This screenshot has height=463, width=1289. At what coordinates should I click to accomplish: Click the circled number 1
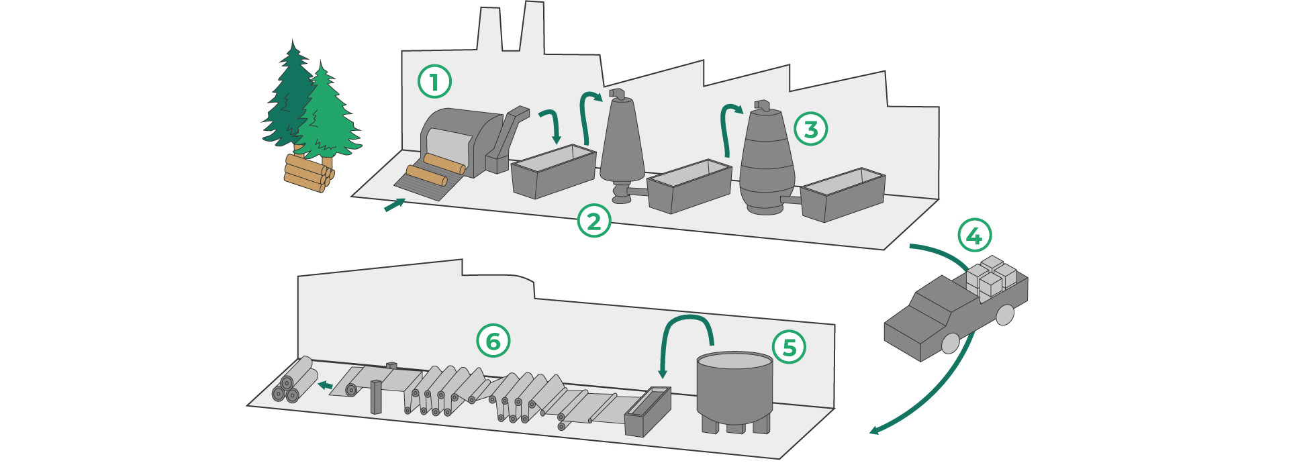(434, 82)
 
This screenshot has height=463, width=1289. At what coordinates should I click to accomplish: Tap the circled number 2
(594, 221)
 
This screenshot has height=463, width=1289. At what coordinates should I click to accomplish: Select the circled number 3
(810, 129)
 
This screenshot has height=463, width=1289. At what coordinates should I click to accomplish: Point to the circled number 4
(974, 235)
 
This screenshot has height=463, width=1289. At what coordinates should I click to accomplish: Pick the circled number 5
(790, 347)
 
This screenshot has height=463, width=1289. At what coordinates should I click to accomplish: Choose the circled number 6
(493, 341)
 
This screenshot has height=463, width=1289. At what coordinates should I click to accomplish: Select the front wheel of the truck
(951, 343)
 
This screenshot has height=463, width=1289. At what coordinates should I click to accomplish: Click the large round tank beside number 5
(734, 389)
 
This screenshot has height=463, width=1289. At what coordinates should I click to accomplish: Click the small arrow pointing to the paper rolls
(325, 385)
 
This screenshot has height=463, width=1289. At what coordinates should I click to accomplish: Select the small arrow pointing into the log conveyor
(395, 205)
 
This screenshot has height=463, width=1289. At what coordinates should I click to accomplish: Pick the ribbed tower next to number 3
(767, 161)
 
